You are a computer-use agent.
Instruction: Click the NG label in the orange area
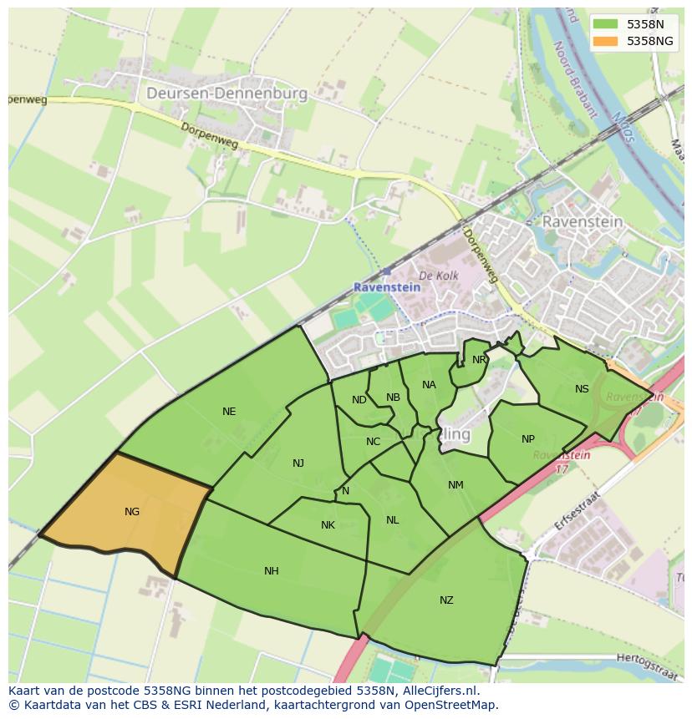pyautogui.click(x=131, y=512)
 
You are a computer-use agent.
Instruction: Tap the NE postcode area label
pyautogui.click(x=229, y=412)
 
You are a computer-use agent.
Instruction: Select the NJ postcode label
pyautogui.click(x=298, y=463)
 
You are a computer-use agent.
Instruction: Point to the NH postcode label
pyautogui.click(x=271, y=571)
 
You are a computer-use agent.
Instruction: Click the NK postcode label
pyautogui.click(x=328, y=525)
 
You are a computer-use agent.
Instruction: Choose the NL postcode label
pyautogui.click(x=393, y=520)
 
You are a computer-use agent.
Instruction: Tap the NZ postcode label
pyautogui.click(x=446, y=600)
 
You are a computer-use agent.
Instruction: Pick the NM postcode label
pyautogui.click(x=455, y=485)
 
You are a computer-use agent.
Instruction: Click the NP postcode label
pyautogui.click(x=528, y=439)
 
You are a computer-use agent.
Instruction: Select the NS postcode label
pyautogui.click(x=582, y=389)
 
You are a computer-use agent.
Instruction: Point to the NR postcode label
pyautogui.click(x=479, y=360)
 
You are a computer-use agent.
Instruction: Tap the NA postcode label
pyautogui.click(x=429, y=385)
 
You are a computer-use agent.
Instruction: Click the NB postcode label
pyautogui.click(x=393, y=397)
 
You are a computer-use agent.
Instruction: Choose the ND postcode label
pyautogui.click(x=359, y=400)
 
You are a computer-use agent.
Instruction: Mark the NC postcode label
pyautogui.click(x=373, y=442)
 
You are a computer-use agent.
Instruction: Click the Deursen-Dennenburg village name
pyautogui.click(x=226, y=94)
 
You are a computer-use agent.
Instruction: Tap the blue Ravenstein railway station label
pyautogui.click(x=387, y=286)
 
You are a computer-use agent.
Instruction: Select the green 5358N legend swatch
pyautogui.click(x=606, y=24)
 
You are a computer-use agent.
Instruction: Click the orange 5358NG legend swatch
pyautogui.click(x=606, y=41)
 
